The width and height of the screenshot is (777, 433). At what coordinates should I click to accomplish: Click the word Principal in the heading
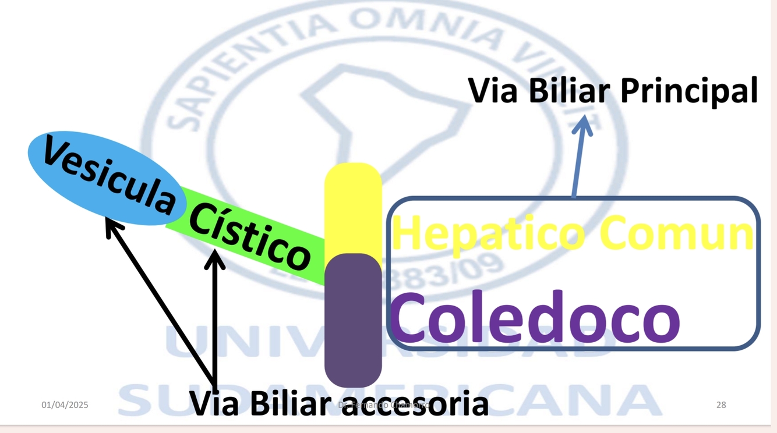[x=688, y=91]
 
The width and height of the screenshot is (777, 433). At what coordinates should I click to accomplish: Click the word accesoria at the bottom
[x=414, y=403]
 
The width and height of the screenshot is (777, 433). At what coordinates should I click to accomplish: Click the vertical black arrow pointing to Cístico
[x=215, y=320]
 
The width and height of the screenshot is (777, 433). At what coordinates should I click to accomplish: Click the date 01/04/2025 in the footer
[x=65, y=404]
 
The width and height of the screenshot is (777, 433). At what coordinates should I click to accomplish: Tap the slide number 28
[x=721, y=404]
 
